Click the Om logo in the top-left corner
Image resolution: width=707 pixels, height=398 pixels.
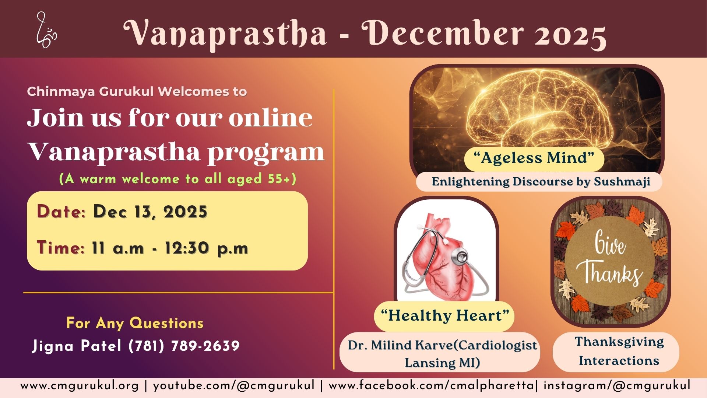46,30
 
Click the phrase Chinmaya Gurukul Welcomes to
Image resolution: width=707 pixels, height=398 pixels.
137,91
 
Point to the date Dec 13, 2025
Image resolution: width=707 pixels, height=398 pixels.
150,212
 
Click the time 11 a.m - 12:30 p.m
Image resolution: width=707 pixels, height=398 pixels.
170,248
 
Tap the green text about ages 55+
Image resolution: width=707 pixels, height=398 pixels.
178,179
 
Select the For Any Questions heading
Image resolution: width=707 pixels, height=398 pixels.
135,323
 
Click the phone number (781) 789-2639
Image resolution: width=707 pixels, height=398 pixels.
184,346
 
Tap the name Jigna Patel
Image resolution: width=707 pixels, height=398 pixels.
77,346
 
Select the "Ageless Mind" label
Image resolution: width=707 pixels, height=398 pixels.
534,158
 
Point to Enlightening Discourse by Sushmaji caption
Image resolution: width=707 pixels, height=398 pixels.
541,181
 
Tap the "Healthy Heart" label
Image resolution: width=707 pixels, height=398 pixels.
445,316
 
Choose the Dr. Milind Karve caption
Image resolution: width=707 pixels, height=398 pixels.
442,354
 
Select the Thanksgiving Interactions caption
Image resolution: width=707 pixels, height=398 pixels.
619,351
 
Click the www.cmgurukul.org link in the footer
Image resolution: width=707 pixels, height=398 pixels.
80,386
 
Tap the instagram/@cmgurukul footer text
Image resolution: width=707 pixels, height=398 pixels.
617,386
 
